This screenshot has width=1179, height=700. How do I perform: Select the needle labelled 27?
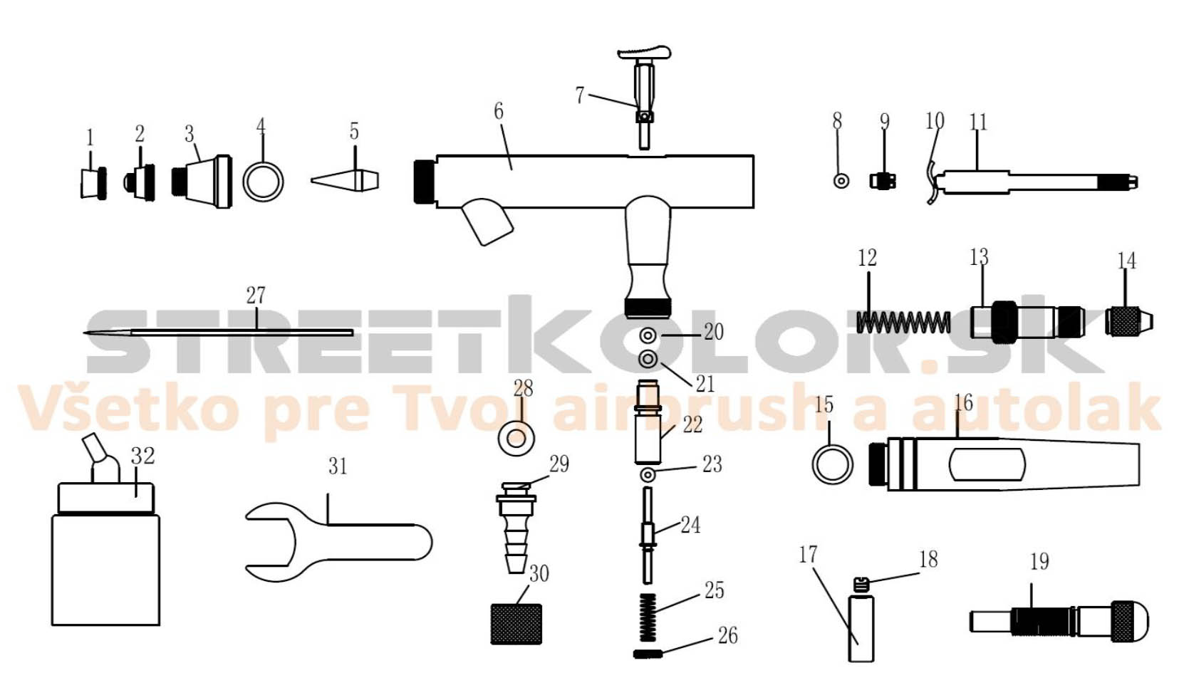pyautogui.click(x=218, y=332)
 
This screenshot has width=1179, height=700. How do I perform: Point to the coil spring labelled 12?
pyautogui.click(x=903, y=322)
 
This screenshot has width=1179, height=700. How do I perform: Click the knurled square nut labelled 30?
pyautogui.click(x=516, y=624)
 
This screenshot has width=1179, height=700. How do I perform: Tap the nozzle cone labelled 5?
pyautogui.click(x=345, y=181)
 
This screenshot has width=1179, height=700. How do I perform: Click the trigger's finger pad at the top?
pyautogui.click(x=644, y=53)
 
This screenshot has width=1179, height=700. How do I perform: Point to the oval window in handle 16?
pyautogui.click(x=987, y=464)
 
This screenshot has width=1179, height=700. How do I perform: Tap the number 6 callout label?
pyautogui.click(x=499, y=112)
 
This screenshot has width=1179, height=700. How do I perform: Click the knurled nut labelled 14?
pyautogui.click(x=1129, y=322)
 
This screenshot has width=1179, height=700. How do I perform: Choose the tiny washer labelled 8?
pyautogui.click(x=841, y=181)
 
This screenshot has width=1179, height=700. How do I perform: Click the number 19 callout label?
pyautogui.click(x=1039, y=562)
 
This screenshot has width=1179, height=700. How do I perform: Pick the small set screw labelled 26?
pyautogui.click(x=648, y=654)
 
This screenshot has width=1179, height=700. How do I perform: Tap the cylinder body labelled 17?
pyautogui.click(x=861, y=628)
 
